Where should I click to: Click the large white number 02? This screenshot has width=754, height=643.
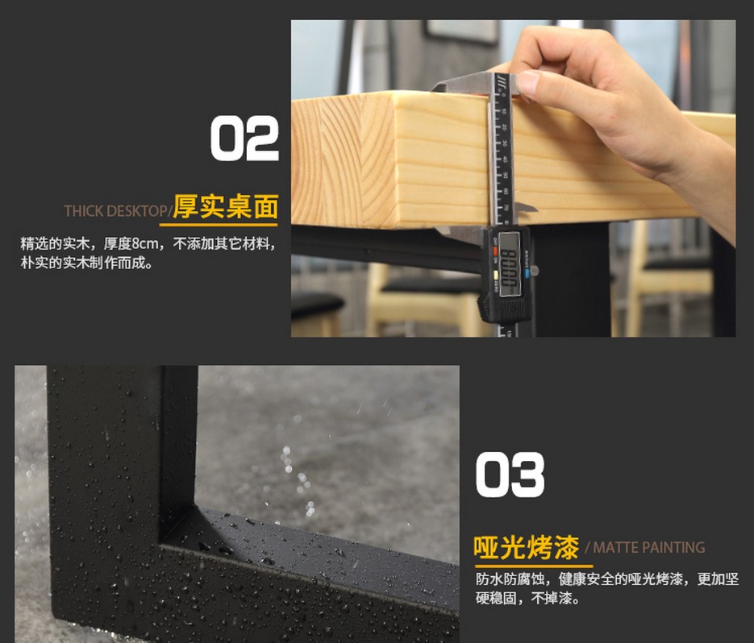click(x=244, y=139)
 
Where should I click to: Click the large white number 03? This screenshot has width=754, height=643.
click(x=510, y=475)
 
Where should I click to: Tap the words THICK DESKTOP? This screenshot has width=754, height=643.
click(x=115, y=211)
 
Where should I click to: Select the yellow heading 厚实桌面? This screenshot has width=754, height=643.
click(x=226, y=206)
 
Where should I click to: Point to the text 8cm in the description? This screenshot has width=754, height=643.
click(x=144, y=243)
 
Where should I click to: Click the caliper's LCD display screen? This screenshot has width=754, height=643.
click(x=509, y=263)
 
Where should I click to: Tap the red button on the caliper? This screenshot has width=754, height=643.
click(x=495, y=251)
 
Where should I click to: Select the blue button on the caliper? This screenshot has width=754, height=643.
click(x=527, y=274)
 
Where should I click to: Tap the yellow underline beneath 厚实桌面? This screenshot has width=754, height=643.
click(x=219, y=225)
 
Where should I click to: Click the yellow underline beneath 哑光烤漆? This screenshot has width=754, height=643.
click(x=533, y=566)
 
